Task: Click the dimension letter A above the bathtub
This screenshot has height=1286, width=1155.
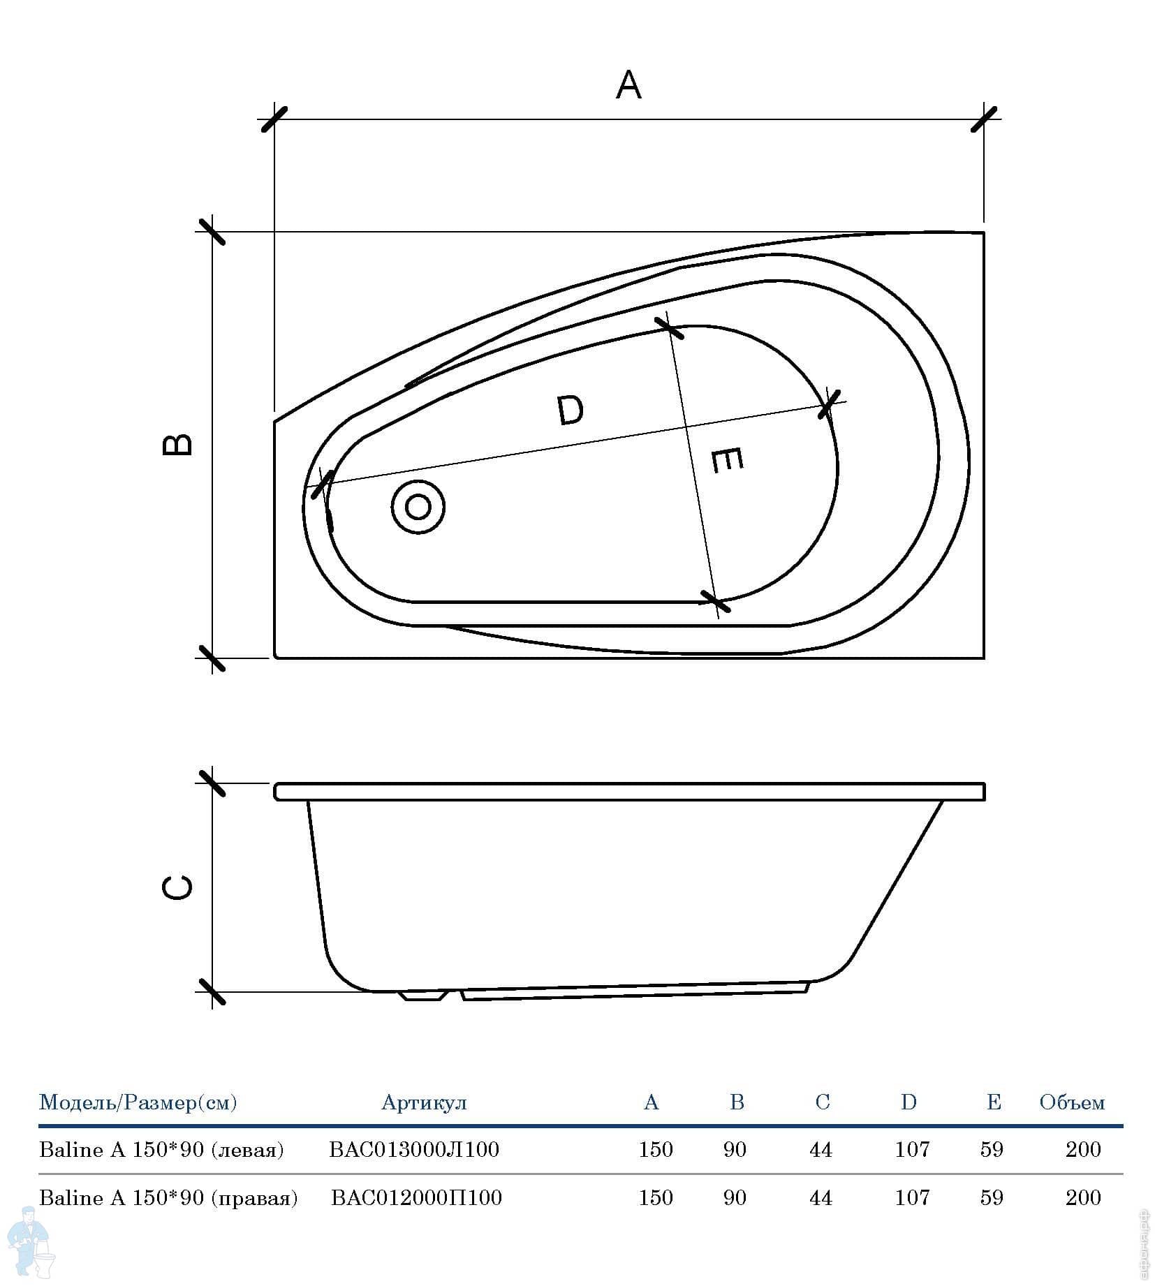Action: click(x=628, y=85)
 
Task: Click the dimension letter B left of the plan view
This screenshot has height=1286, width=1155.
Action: click(x=177, y=444)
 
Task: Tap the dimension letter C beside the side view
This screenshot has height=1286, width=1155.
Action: click(x=177, y=887)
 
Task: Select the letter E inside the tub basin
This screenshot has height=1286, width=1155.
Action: click(x=726, y=461)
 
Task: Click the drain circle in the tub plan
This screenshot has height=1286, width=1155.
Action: click(x=418, y=507)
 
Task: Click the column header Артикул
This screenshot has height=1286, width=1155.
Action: click(x=424, y=1102)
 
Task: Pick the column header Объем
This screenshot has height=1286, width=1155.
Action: click(x=1072, y=1102)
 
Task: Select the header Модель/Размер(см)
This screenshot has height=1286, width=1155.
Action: click(x=138, y=1102)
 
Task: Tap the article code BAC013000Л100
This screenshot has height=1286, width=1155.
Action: click(x=414, y=1149)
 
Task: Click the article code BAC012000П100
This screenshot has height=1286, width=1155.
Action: click(x=416, y=1197)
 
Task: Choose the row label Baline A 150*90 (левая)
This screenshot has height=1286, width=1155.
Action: click(x=161, y=1150)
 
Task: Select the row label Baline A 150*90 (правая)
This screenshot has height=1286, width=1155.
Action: click(x=168, y=1198)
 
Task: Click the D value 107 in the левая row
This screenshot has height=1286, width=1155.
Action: click(x=912, y=1149)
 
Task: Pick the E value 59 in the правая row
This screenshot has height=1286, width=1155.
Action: click(x=992, y=1197)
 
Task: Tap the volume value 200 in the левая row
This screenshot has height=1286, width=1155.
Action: click(x=1083, y=1149)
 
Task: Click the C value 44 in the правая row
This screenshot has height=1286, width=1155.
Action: click(x=821, y=1197)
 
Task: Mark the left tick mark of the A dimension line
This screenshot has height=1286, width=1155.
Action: click(x=273, y=118)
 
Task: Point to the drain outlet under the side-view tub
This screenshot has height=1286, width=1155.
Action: click(x=423, y=996)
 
